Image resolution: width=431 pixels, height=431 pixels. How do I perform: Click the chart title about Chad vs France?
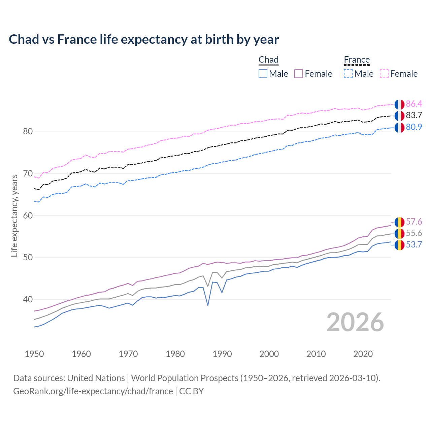pos(144,39)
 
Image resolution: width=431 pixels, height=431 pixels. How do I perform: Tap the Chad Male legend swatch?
pos(263,74)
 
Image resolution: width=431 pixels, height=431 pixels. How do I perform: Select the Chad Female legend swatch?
pos(299,74)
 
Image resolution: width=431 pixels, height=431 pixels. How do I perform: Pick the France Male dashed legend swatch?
pos(348,74)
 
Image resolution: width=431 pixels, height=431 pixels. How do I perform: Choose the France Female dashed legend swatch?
pos(384,74)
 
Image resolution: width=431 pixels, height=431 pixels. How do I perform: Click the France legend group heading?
pos(357,60)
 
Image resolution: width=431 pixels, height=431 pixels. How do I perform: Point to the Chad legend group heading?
pos(268,60)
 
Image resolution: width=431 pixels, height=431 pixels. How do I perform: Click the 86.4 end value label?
pos(414,104)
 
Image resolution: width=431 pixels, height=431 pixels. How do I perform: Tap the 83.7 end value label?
pos(414,115)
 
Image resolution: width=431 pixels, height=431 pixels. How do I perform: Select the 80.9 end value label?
pos(414,127)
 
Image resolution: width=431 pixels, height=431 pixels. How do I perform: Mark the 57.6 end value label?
pos(414,222)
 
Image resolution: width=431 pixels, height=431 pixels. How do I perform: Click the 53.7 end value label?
pos(414,245)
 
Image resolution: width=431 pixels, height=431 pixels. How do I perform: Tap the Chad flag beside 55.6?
pos(399,233)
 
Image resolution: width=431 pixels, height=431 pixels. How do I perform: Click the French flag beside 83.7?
pos(399,115)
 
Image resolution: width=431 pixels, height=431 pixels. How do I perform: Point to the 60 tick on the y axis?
pos(28,215)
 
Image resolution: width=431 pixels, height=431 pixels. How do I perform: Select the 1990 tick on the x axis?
pos(222,354)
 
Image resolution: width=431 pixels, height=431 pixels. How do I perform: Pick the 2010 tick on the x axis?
pos(316,354)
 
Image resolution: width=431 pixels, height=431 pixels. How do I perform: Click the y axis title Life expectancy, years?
pos(14,215)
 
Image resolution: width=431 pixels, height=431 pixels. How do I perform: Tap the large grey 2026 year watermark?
pos(355,322)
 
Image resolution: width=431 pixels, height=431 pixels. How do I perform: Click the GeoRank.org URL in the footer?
pos(93,391)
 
